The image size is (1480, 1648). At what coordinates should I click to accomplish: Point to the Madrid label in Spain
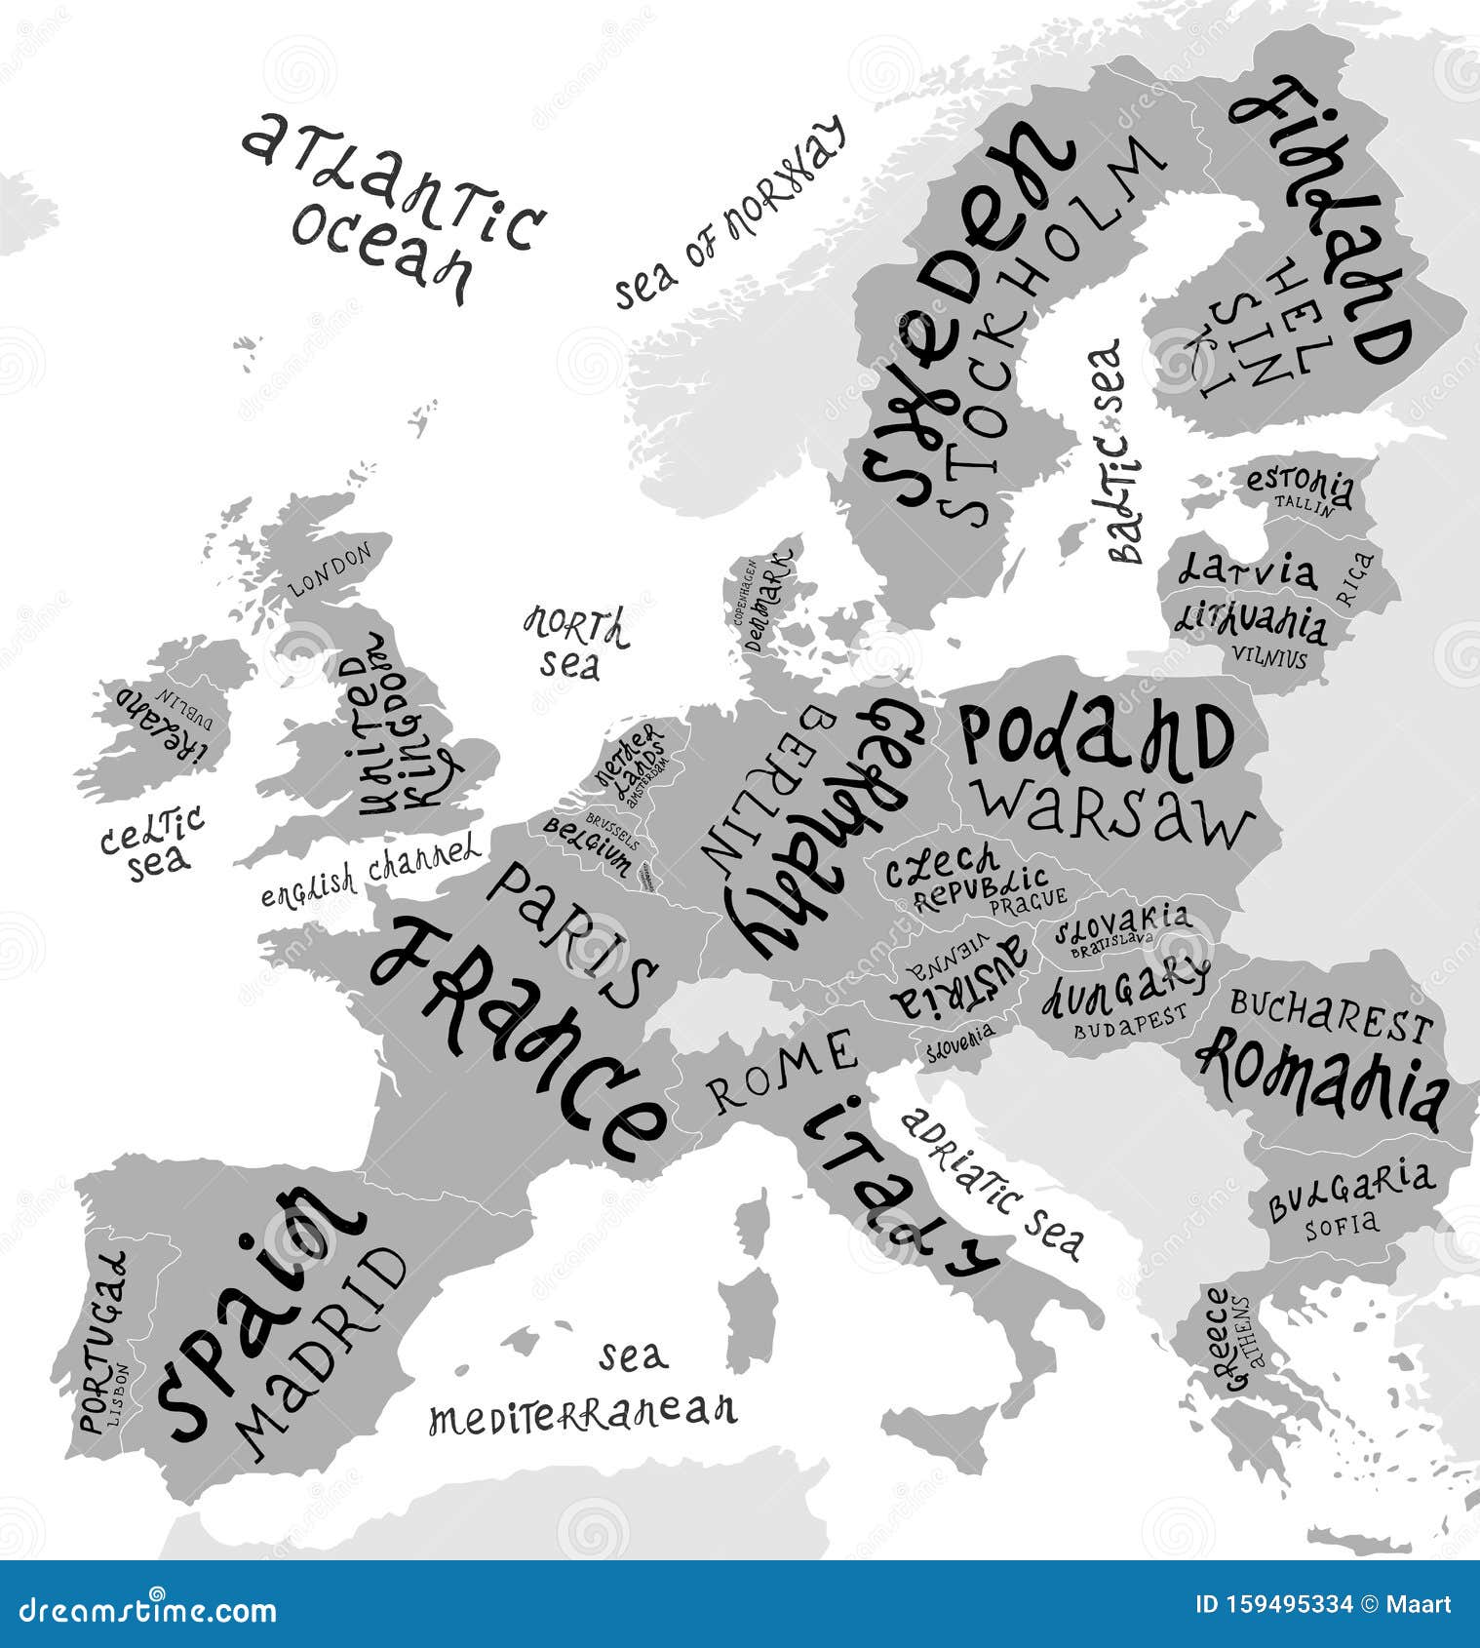tap(322, 1351)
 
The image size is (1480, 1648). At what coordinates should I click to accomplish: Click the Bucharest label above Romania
tap(1331, 1014)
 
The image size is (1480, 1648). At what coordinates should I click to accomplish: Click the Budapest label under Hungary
tap(1131, 1020)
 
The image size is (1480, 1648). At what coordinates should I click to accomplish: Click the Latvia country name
tap(1246, 569)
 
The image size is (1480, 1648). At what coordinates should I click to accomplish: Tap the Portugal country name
tap(103, 1341)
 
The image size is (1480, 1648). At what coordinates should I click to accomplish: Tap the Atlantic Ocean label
tap(390, 205)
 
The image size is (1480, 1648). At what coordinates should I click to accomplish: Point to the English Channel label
tap(370, 870)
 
